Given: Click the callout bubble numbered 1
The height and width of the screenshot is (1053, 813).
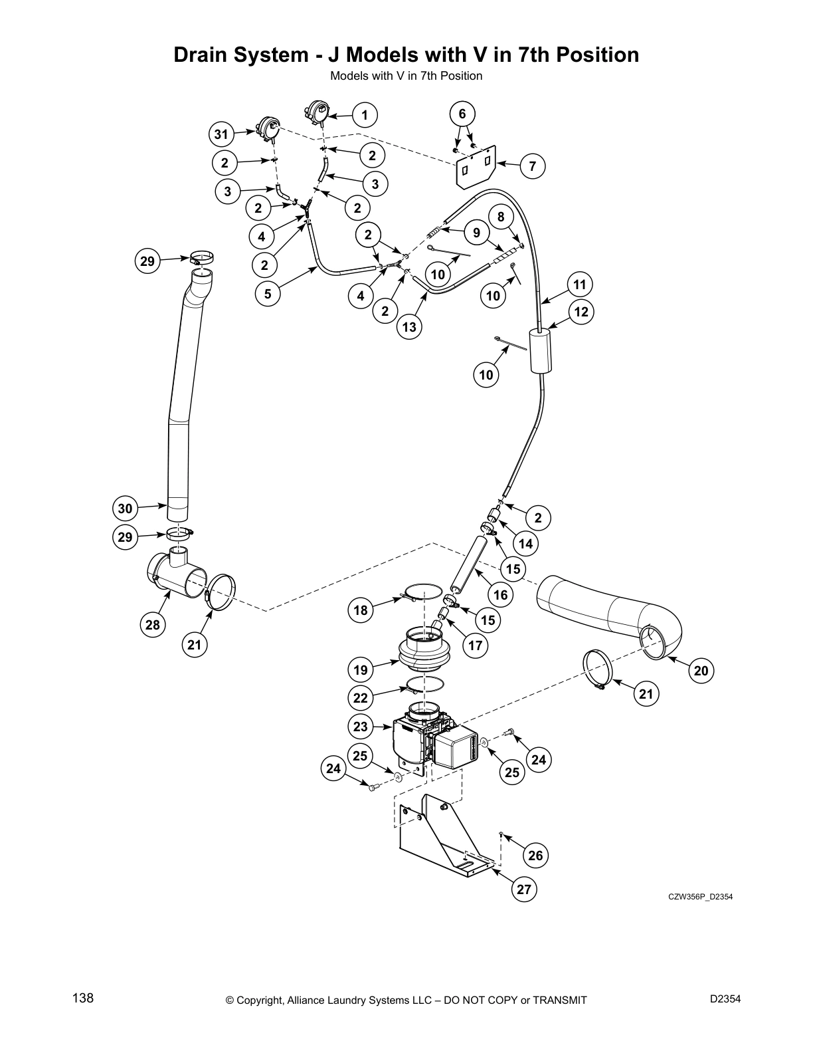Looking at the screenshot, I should coord(365,115).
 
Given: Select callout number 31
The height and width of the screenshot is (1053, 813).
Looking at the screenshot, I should coord(221,136).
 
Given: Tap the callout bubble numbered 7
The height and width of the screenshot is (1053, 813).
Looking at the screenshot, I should coord(533,166).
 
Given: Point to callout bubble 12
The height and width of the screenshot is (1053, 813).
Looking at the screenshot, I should coord(581,312).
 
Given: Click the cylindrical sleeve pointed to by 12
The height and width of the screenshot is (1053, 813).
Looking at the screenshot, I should coord(541,351).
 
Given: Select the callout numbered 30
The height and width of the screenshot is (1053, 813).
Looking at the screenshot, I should coord(125,509).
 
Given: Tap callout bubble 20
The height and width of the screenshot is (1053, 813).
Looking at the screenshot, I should coord(701,671).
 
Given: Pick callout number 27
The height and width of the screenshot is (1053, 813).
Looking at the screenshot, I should coord(524,889).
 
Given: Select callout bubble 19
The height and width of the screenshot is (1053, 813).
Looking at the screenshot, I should coord(361,668).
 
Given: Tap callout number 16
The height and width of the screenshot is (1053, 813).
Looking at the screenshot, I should coord(500,595).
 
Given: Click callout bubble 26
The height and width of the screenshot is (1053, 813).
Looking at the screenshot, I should coord(535,856).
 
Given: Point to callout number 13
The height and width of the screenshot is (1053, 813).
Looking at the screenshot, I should coord(409,327).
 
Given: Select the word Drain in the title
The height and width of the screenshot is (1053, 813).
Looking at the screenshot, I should coord(204,55).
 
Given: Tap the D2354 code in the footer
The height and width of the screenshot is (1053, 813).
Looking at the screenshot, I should coord(725,998).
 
